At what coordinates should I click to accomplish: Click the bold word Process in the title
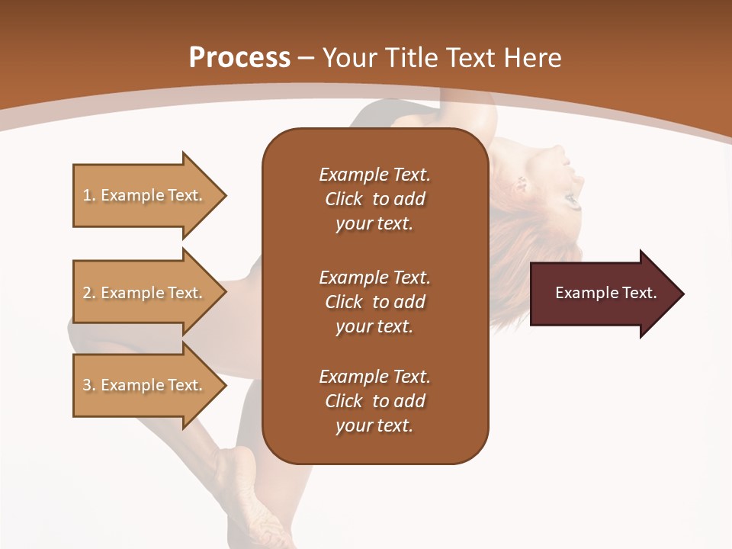tap(239, 58)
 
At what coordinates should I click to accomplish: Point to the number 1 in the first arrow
tap(87, 195)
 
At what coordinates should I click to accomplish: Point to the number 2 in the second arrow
tap(87, 293)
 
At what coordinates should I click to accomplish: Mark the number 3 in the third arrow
tap(87, 385)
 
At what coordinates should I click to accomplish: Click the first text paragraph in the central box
tap(374, 199)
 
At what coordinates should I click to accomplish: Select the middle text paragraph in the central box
tap(374, 301)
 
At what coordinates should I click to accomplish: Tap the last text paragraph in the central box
tap(374, 401)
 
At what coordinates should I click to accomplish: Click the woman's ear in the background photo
tap(522, 183)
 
